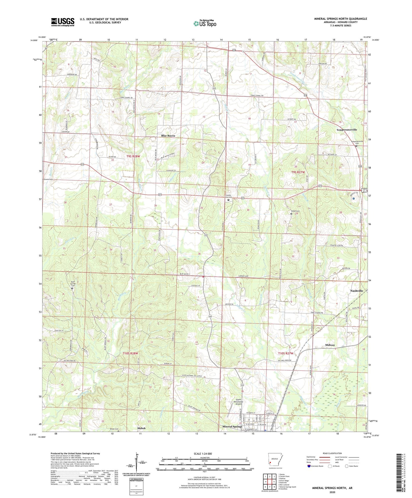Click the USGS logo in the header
pos(63,22)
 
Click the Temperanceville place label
pos(347,130)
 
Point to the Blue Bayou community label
pos(168,136)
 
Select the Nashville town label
pos(357,291)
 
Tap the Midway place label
pos(330,345)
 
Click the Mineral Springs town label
pos(232,427)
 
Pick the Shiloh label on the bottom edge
pos(141,428)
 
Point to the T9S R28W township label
pos(133,156)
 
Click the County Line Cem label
pos(229,196)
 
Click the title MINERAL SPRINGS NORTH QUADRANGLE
pos(341,19)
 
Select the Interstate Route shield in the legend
pos(310,466)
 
